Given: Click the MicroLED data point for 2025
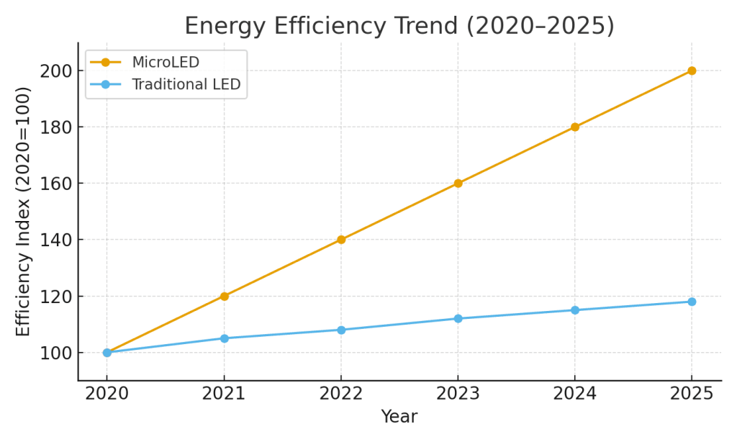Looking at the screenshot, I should (x=691, y=71).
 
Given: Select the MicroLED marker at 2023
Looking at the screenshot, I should (x=458, y=184).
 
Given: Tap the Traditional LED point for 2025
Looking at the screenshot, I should (x=691, y=302).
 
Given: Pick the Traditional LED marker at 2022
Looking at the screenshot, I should (x=341, y=330).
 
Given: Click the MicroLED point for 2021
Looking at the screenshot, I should (x=224, y=296).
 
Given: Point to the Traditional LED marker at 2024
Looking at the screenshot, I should (x=574, y=310).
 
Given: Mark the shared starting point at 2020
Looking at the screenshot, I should (x=107, y=353).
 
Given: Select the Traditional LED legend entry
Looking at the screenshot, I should (x=186, y=84).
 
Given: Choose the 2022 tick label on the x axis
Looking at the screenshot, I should (x=341, y=394).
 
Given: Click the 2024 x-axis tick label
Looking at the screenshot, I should (x=574, y=394).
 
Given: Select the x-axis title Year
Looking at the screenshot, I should (x=399, y=417).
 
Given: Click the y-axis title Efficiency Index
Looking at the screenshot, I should (x=24, y=211).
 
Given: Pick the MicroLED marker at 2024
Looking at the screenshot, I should (x=574, y=127).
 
